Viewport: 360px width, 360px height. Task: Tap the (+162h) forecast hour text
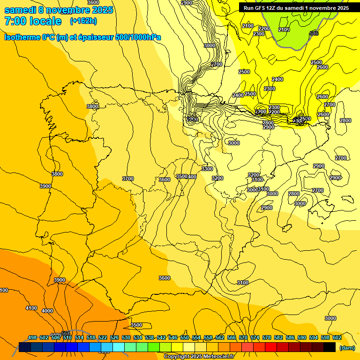coord(83,21)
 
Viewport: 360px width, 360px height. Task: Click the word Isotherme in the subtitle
coord(23,37)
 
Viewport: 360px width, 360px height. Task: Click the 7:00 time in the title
coord(15,21)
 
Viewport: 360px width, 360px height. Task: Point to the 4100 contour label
coord(31,308)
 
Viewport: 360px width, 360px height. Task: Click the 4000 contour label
coord(47,311)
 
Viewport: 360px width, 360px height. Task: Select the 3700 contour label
coord(127,179)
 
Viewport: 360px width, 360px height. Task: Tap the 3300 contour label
coord(207,169)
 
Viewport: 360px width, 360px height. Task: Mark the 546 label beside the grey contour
coord(314,33)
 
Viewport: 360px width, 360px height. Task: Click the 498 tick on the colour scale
coord(32,337)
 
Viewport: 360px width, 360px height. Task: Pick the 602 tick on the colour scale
coord(337,337)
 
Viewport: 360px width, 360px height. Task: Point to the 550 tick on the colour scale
coord(185,337)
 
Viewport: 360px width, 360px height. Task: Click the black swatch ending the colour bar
coord(329,347)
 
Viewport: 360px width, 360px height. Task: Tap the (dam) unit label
coord(347,347)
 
